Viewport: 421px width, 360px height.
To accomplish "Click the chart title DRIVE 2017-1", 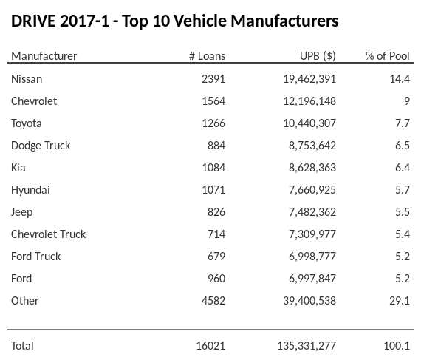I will [x=175, y=21].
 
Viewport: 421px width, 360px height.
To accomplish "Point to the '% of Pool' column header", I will [x=387, y=56].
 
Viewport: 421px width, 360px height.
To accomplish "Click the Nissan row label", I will [x=27, y=78].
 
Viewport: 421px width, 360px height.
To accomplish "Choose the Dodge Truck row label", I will [x=41, y=146].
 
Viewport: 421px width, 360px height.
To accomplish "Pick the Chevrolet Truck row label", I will [x=48, y=234].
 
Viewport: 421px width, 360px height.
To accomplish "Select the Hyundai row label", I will [x=30, y=190].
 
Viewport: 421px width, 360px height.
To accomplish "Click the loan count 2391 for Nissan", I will [x=213, y=78].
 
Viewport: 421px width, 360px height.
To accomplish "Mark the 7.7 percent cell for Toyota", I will [x=402, y=123].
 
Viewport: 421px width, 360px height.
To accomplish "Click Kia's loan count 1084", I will [x=213, y=168].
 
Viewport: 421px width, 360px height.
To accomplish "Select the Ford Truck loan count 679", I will [x=216, y=257].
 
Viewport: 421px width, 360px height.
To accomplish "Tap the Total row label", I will [x=22, y=345].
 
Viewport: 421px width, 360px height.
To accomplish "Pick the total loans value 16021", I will [x=210, y=345].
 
